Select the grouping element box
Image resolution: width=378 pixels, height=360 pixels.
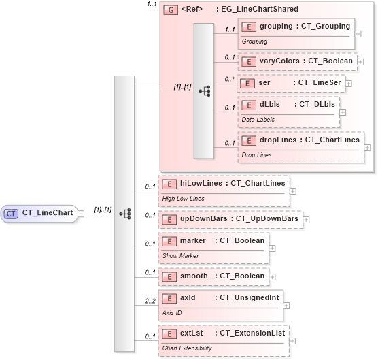click(x=296, y=32)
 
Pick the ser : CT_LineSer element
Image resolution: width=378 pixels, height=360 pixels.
click(x=290, y=83)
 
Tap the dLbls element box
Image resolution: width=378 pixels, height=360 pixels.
click(x=290, y=111)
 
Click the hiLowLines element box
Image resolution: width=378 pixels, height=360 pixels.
click(x=223, y=189)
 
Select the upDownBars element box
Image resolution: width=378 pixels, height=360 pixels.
click(x=229, y=219)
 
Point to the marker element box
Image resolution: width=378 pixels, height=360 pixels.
click(x=212, y=246)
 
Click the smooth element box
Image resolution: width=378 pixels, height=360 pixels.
click(x=212, y=276)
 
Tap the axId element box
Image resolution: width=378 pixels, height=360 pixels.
click(x=220, y=304)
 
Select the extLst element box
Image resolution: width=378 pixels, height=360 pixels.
click(x=223, y=339)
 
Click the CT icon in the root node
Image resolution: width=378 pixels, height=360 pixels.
click(x=11, y=213)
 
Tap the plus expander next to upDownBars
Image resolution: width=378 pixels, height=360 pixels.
click(x=306, y=220)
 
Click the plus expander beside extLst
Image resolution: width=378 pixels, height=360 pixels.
click(x=293, y=336)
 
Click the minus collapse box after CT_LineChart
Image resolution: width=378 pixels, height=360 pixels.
click(x=82, y=213)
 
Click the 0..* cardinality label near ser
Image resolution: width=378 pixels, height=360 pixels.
click(x=230, y=78)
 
